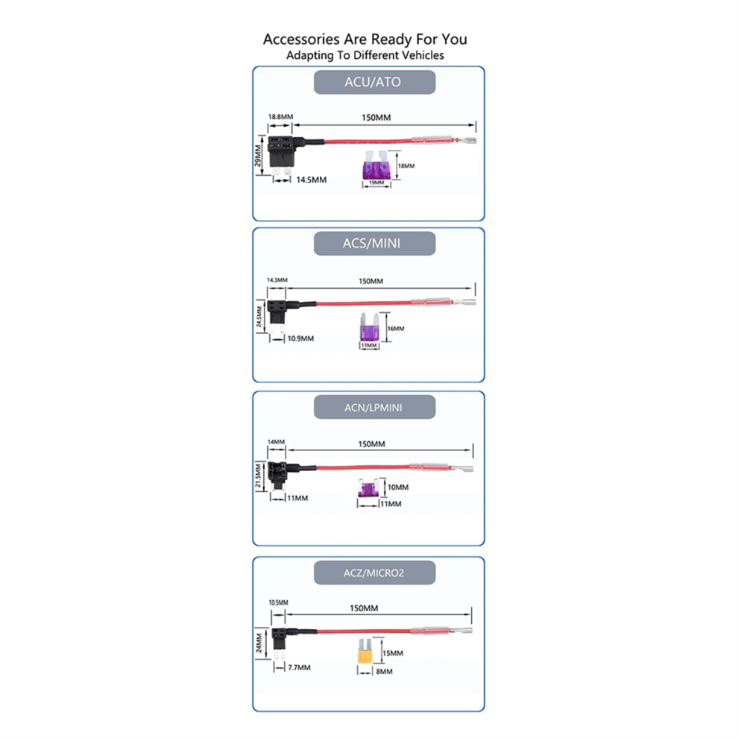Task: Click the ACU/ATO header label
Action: [373, 82]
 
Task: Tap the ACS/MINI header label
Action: [373, 243]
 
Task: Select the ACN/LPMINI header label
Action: [373, 407]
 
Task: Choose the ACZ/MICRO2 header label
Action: [373, 572]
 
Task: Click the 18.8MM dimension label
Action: [281, 117]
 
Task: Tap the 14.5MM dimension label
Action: [311, 180]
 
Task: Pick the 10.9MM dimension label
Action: [300, 338]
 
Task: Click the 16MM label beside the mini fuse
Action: [397, 329]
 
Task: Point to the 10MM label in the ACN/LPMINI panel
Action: [398, 488]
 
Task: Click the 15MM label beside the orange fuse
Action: [392, 653]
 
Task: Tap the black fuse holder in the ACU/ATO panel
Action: [280, 152]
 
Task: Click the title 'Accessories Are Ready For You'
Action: [365, 39]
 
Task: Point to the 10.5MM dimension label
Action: [278, 602]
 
